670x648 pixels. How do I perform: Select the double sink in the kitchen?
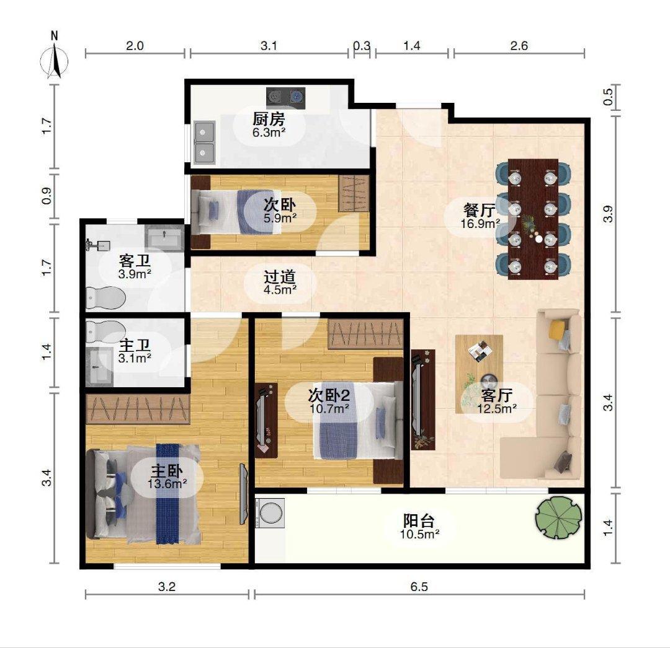pyautogui.click(x=204, y=142)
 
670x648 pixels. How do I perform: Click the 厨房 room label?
pyautogui.click(x=269, y=119)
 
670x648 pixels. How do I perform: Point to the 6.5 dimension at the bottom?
pyautogui.click(x=419, y=587)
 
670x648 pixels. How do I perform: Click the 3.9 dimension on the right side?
pyautogui.click(x=608, y=214)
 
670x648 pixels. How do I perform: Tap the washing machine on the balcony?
pyautogui.click(x=270, y=512)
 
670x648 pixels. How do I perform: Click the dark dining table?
pyautogui.click(x=533, y=219)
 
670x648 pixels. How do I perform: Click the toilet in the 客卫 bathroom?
pyautogui.click(x=105, y=297)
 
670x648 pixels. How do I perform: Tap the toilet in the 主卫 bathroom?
pyautogui.click(x=105, y=331)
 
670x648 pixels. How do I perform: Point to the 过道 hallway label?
pyautogui.click(x=280, y=278)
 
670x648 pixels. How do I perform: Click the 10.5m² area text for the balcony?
pyautogui.click(x=420, y=533)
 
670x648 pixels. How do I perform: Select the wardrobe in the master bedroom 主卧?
pyautogui.click(x=138, y=409)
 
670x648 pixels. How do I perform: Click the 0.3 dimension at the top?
pyautogui.click(x=362, y=46)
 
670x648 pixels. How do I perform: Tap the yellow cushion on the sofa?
pyautogui.click(x=557, y=329)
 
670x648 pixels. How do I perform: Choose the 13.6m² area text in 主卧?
pyautogui.click(x=167, y=484)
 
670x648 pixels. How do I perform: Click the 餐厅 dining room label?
pyautogui.click(x=480, y=210)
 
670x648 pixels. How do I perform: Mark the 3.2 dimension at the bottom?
pyautogui.click(x=167, y=587)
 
